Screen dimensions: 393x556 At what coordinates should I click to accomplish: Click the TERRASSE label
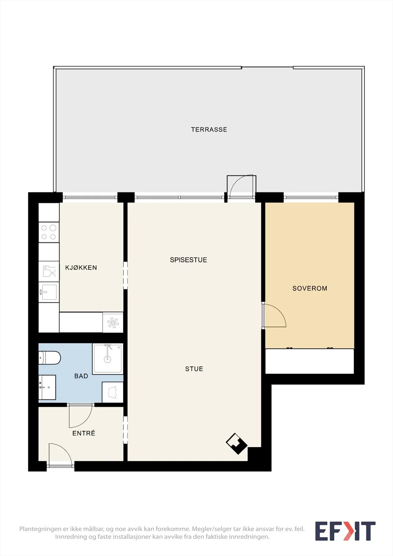point(209,130)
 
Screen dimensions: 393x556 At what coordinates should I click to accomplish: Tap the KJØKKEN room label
point(81,268)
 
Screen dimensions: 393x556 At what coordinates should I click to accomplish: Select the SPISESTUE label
point(188,260)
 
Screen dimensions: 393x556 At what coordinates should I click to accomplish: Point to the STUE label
point(194,369)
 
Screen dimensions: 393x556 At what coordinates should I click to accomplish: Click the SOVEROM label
point(310,288)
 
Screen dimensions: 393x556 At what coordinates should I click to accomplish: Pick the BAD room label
point(81,376)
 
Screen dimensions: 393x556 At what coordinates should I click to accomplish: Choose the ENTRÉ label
point(84,433)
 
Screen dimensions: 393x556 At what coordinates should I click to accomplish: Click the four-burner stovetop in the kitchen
point(49,232)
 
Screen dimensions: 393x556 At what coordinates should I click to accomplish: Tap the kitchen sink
point(49,292)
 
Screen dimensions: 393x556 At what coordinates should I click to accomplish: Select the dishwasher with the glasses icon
point(49,271)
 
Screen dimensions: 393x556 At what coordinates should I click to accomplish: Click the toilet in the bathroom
point(49,358)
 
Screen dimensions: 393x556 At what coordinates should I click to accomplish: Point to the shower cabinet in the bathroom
point(107,359)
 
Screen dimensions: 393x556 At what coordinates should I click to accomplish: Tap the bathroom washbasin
point(47,387)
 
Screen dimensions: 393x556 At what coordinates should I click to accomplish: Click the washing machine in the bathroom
point(113,392)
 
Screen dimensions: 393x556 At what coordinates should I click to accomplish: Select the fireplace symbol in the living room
point(236,443)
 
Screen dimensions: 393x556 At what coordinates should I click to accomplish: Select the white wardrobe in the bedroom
point(310,361)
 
